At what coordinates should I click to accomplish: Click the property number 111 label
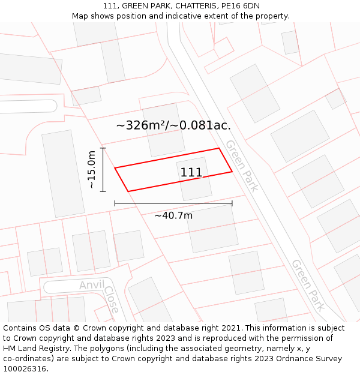click(191, 173)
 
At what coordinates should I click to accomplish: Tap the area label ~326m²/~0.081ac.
click(173, 125)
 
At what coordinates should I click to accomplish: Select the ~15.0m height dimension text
click(92, 170)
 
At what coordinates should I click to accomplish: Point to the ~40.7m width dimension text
click(173, 215)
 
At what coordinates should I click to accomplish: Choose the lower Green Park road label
click(308, 285)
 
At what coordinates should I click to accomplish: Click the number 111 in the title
click(109, 6)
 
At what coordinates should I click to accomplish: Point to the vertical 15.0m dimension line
click(103, 170)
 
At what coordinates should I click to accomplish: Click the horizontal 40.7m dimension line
click(173, 204)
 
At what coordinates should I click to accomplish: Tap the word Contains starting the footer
click(20, 328)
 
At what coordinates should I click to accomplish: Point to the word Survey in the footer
click(328, 359)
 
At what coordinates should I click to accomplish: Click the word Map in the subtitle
click(80, 16)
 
